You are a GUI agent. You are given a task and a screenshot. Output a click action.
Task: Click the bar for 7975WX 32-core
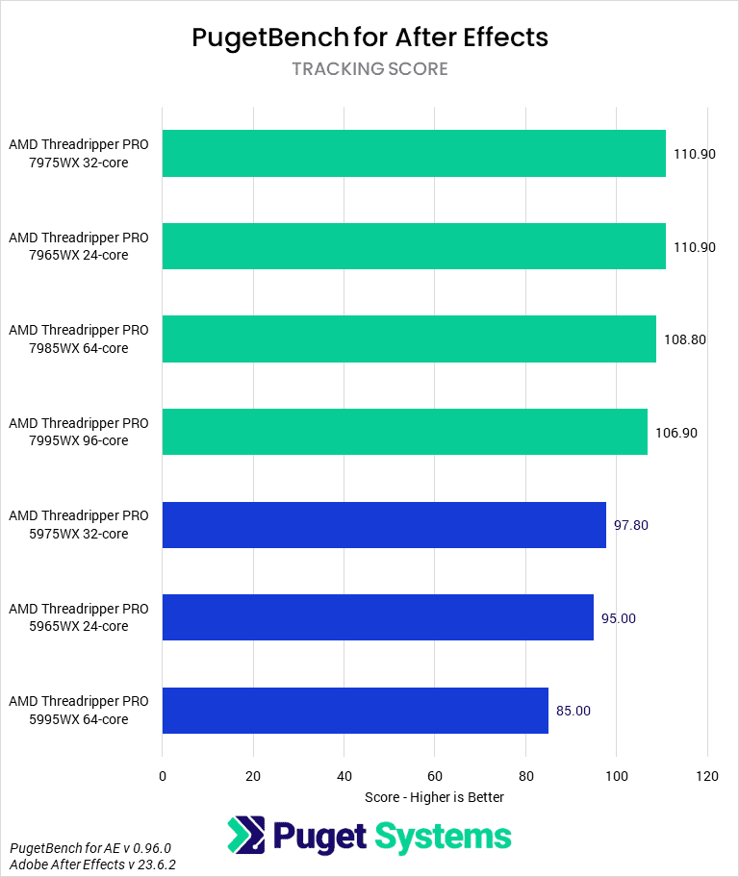414,154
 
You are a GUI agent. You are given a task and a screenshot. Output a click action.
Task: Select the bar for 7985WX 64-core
409,339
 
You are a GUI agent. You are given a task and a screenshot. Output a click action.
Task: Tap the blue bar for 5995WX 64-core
355,711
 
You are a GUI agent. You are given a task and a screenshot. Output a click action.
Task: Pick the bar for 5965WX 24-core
377,617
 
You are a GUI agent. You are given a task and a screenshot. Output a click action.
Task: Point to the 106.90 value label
676,433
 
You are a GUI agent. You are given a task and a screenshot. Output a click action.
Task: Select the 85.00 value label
573,711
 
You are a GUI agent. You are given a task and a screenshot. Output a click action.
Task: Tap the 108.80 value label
685,339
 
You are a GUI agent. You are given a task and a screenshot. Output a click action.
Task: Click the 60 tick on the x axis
435,776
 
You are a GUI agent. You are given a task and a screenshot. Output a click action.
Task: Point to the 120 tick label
707,776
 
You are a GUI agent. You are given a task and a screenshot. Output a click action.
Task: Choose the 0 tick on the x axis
163,776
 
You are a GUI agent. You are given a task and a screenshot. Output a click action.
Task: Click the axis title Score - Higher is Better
435,797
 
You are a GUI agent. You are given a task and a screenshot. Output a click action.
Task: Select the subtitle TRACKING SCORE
369,69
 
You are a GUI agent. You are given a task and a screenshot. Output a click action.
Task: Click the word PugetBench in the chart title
268,38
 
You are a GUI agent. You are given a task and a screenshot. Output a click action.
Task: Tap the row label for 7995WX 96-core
79,433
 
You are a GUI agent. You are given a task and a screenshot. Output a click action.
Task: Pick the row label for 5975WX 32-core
79,525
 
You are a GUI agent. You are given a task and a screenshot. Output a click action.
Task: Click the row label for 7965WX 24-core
79,246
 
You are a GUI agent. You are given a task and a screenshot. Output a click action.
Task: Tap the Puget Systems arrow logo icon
245,835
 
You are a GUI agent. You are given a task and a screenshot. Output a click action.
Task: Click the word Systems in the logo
443,836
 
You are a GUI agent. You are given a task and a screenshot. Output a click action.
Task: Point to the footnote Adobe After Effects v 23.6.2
93,864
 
